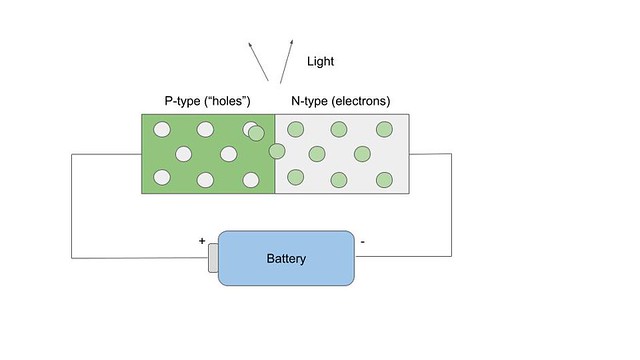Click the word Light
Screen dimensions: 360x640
pos(320,62)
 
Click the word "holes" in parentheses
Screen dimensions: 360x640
pos(228,101)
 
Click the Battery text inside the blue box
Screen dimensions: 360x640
pos(286,259)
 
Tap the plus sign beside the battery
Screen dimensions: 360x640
pos(202,241)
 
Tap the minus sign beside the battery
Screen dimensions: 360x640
pos(361,241)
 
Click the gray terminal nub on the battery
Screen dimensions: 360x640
pos(213,259)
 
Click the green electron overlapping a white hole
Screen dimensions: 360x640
pos(257,132)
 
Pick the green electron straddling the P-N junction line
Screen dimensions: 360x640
pos(276,151)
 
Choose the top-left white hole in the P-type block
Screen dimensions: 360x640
pos(160,128)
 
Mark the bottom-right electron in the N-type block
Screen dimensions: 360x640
pos(384,179)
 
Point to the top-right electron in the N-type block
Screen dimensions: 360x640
pos(384,128)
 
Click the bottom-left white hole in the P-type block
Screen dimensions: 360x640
pos(160,179)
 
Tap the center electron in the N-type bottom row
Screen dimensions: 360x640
pos(339,179)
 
